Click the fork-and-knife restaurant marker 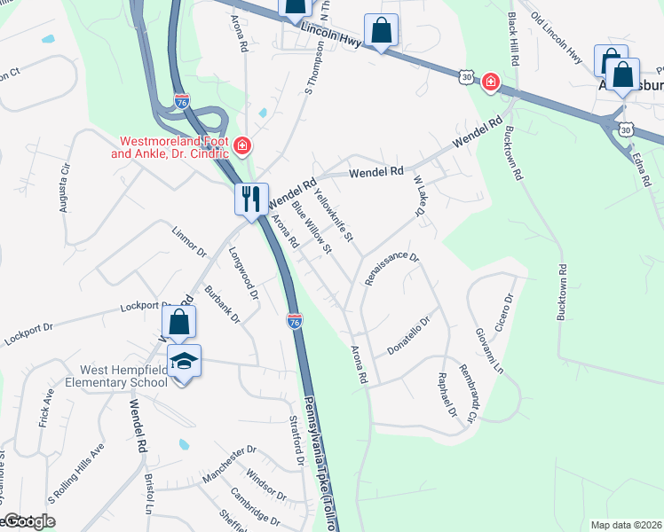pyautogui.click(x=250, y=199)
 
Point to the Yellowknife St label pyautogui.click(x=334, y=217)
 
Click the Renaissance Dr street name pyautogui.click(x=391, y=269)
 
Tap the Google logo pyautogui.click(x=27, y=521)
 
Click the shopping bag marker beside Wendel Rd pyautogui.click(x=178, y=325)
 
